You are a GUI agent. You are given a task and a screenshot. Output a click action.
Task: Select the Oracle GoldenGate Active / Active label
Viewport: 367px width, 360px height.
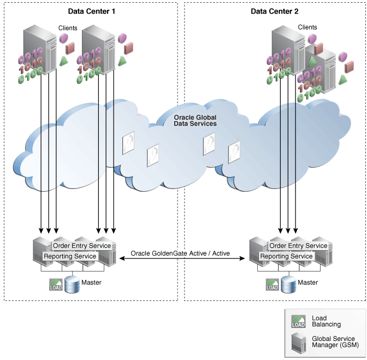(180, 254)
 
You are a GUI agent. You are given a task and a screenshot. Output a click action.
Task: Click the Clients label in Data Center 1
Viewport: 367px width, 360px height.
(68, 27)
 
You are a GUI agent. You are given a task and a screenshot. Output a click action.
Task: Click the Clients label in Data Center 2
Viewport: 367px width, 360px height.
(307, 27)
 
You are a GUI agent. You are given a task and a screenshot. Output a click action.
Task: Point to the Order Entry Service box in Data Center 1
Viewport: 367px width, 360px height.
(82, 246)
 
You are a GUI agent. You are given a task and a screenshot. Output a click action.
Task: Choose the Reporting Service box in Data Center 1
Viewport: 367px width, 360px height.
(70, 256)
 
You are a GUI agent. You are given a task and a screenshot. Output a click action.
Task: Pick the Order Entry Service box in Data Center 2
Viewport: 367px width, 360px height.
(299, 246)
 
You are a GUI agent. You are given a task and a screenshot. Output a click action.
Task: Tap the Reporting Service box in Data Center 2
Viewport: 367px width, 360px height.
(286, 256)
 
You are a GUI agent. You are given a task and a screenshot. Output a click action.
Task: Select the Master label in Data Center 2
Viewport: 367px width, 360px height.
(307, 282)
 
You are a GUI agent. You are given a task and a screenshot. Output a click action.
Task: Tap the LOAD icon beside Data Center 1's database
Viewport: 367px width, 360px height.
(56, 285)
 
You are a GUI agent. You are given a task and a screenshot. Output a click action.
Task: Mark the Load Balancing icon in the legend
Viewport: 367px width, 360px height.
(299, 321)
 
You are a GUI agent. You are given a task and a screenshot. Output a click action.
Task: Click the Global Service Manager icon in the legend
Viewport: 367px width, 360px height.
(299, 343)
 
